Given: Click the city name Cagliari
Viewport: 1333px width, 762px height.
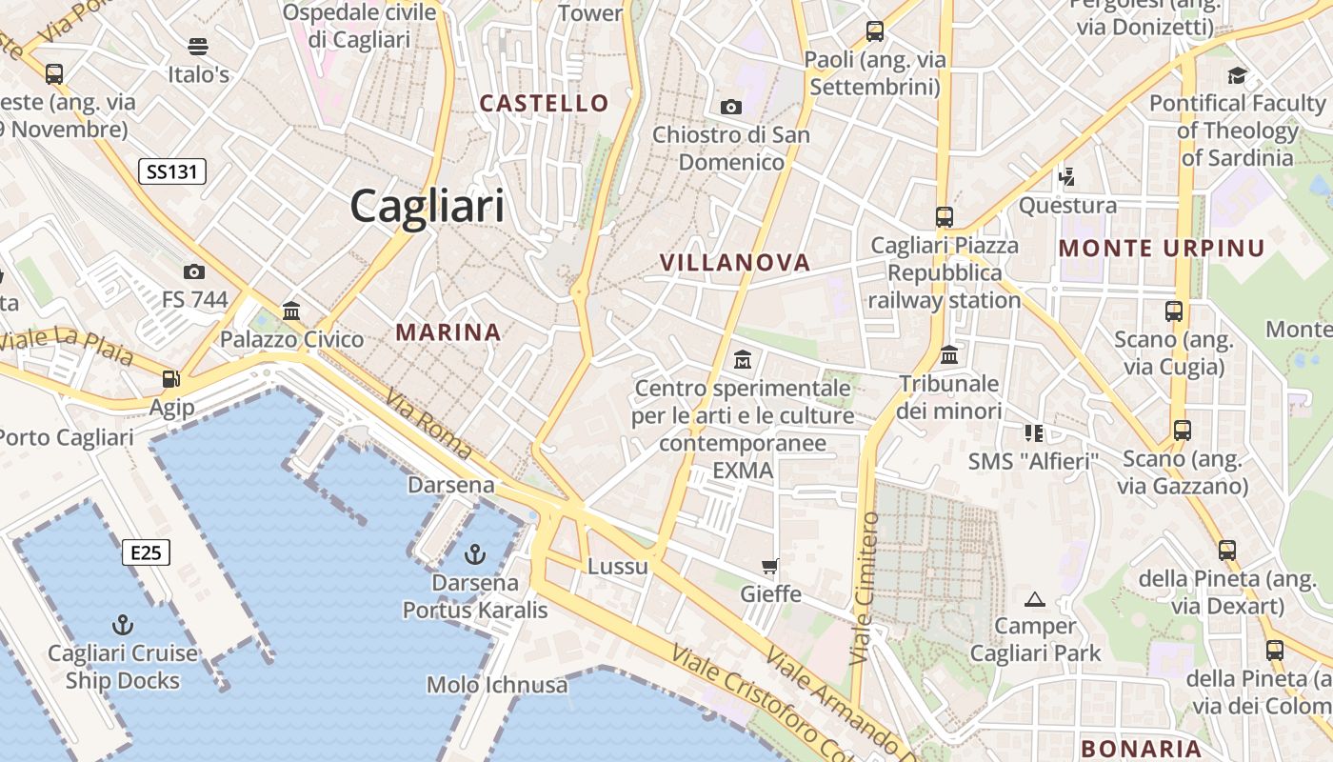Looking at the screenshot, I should (x=428, y=206).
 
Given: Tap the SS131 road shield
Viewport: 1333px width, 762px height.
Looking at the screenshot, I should (x=172, y=171).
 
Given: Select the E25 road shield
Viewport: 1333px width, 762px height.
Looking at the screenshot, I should (x=146, y=552).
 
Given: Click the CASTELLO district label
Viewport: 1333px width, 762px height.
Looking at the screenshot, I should (x=544, y=103).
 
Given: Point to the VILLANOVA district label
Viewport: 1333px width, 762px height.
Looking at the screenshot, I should (x=735, y=262).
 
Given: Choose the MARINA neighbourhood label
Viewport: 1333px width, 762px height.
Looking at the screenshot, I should (x=448, y=332).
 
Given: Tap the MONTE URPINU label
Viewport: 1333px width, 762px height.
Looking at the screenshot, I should (x=1162, y=249).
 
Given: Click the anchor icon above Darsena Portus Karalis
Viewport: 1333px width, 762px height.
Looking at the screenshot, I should (x=474, y=553).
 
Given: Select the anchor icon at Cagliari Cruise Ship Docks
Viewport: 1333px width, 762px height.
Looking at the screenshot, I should (x=122, y=625).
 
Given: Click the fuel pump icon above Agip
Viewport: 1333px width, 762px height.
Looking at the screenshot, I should (x=171, y=379).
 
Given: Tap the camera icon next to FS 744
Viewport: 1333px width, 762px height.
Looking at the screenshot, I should (x=194, y=272).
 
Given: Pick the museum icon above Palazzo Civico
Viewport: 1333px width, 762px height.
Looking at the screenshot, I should (x=291, y=311).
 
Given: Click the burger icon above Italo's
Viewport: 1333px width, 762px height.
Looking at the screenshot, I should (x=198, y=46).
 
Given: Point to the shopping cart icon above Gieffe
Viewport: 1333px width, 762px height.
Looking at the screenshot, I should (x=770, y=567).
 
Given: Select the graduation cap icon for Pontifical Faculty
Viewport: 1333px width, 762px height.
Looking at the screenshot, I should (x=1237, y=75).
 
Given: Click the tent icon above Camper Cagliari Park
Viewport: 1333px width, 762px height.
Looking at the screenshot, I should (x=1035, y=599).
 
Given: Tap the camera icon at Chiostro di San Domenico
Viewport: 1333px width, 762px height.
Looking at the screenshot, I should (x=731, y=107).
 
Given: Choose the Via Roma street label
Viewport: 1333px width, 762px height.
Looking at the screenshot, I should (x=428, y=427).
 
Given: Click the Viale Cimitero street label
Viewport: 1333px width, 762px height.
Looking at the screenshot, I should (x=865, y=588).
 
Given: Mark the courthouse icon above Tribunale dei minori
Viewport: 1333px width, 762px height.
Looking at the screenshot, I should (x=949, y=355).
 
